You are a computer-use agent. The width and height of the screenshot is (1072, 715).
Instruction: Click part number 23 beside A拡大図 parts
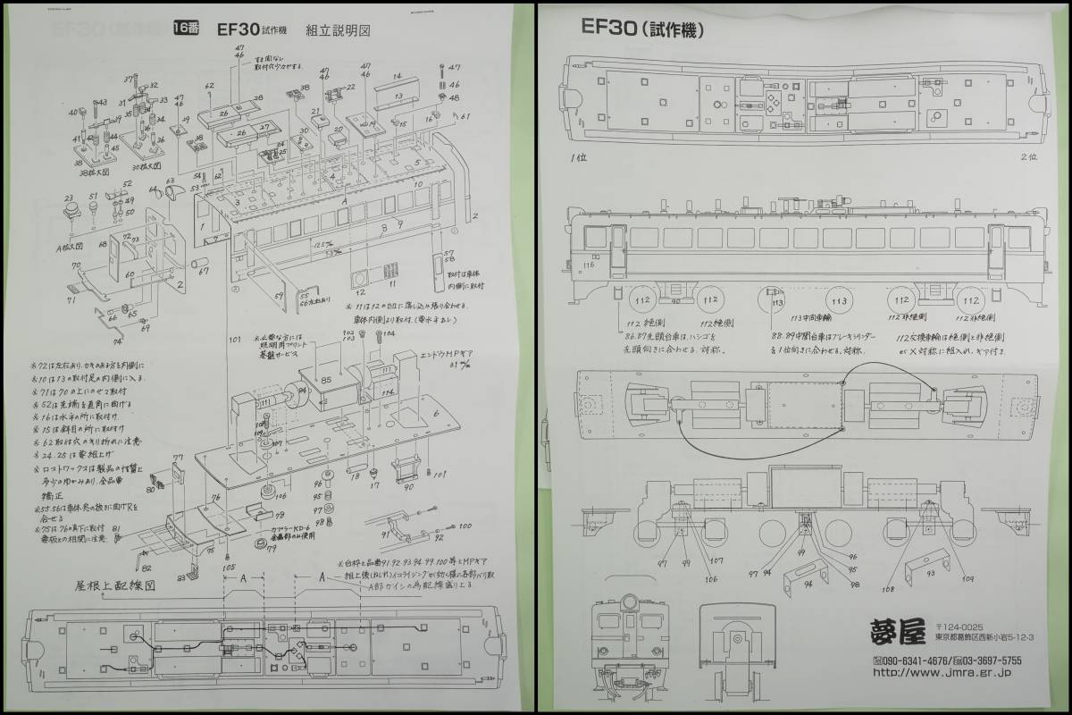68,198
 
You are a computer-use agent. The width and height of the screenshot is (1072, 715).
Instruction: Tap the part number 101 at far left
235,341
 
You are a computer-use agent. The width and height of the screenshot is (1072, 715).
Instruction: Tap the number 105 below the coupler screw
229,567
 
